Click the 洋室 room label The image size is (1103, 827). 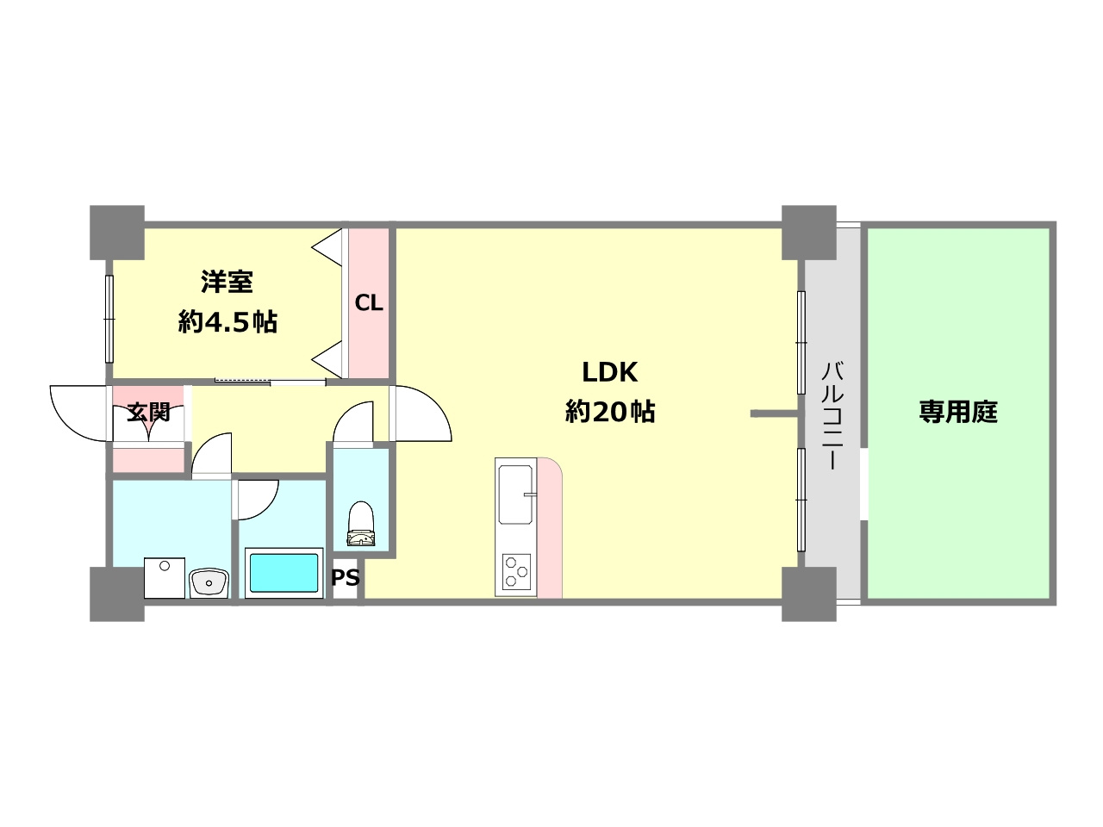(227, 282)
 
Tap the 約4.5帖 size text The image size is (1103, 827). (227, 322)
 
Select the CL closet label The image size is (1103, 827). (369, 303)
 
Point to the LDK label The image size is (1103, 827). (610, 372)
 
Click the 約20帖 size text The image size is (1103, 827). (610, 412)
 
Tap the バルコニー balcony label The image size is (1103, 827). (832, 415)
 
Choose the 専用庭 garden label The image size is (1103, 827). (958, 412)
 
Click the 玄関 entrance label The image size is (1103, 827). (148, 413)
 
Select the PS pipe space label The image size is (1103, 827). (346, 578)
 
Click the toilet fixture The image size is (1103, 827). (361, 525)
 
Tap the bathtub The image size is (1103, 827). (284, 573)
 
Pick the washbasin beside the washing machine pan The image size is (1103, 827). (209, 583)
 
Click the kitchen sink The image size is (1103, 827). (515, 494)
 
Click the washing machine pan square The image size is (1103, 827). (165, 578)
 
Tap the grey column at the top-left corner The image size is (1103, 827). (117, 232)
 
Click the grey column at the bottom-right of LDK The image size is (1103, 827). (808, 594)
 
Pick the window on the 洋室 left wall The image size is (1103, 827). (109, 319)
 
